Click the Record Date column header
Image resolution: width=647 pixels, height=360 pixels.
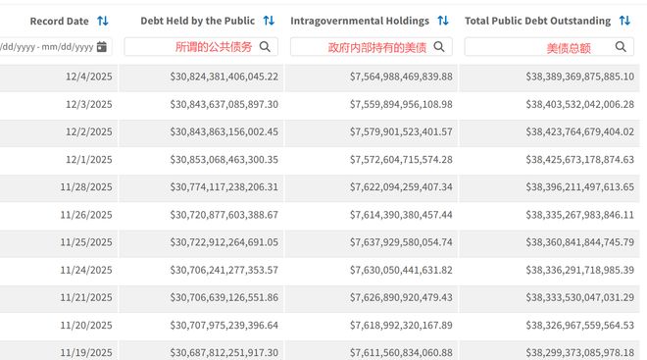pyautogui.click(x=59, y=21)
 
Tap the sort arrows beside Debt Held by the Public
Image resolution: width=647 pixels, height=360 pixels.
pyautogui.click(x=269, y=21)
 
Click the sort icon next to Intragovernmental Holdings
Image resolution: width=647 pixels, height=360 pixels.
pyautogui.click(x=443, y=21)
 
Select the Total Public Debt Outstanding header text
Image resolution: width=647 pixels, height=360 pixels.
pyautogui.click(x=537, y=21)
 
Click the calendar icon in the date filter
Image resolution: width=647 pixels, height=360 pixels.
pyautogui.click(x=102, y=47)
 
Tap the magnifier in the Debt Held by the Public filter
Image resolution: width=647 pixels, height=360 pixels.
pyautogui.click(x=265, y=47)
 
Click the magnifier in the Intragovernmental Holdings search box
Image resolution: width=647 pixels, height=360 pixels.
pyautogui.click(x=439, y=47)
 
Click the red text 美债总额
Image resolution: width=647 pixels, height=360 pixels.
pyautogui.click(x=569, y=48)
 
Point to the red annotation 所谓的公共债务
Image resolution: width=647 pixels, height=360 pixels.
pyautogui.click(x=214, y=47)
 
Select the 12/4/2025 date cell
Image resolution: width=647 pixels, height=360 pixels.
pyautogui.click(x=88, y=77)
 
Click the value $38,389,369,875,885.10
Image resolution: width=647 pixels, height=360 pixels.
pyautogui.click(x=579, y=77)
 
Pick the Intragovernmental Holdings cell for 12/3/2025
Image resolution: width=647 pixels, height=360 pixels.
pyautogui.click(x=401, y=104)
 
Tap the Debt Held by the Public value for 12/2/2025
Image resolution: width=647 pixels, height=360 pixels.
pyautogui.click(x=224, y=131)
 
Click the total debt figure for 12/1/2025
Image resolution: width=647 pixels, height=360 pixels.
pyautogui.click(x=579, y=159)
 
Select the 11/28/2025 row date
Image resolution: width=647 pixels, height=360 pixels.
pyautogui.click(x=86, y=187)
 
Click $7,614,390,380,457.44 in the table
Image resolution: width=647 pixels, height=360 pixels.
pyautogui.click(x=401, y=215)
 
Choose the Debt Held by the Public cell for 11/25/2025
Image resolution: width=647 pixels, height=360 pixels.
pyautogui.click(x=224, y=242)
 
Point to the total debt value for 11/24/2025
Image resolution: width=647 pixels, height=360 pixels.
pyautogui.click(x=579, y=270)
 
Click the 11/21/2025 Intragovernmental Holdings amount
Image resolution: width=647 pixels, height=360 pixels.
pyautogui.click(x=401, y=297)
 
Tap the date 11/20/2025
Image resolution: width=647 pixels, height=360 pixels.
pyautogui.click(x=86, y=326)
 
